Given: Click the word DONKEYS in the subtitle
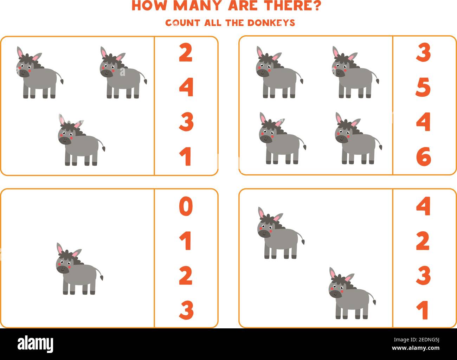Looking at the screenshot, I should click(x=271, y=23).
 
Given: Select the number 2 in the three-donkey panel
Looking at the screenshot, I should click(x=186, y=53).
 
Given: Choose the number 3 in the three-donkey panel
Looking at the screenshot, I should click(x=186, y=122).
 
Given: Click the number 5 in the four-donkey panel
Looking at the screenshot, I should click(x=423, y=88).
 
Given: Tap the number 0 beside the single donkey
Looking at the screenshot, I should click(x=186, y=207).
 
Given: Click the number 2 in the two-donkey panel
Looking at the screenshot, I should click(x=423, y=241).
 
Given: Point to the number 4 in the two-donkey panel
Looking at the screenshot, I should click(x=423, y=207).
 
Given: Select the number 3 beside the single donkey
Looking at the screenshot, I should click(x=186, y=310).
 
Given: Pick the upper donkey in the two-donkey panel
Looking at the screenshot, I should click(x=280, y=233).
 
